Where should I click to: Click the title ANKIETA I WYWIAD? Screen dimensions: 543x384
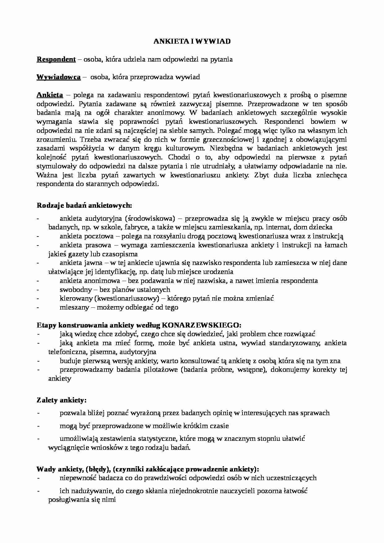point(192,41)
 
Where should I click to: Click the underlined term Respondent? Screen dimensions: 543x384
point(56,59)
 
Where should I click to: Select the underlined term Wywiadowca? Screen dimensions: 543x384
point(59,77)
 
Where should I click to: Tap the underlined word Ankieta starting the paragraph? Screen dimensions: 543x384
point(50,95)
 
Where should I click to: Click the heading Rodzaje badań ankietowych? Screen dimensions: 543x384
point(84,205)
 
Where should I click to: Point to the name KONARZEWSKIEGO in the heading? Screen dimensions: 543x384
point(201,325)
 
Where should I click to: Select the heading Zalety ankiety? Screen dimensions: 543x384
point(61,400)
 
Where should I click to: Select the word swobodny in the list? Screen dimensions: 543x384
point(76,290)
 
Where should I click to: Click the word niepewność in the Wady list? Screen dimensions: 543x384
point(78,478)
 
